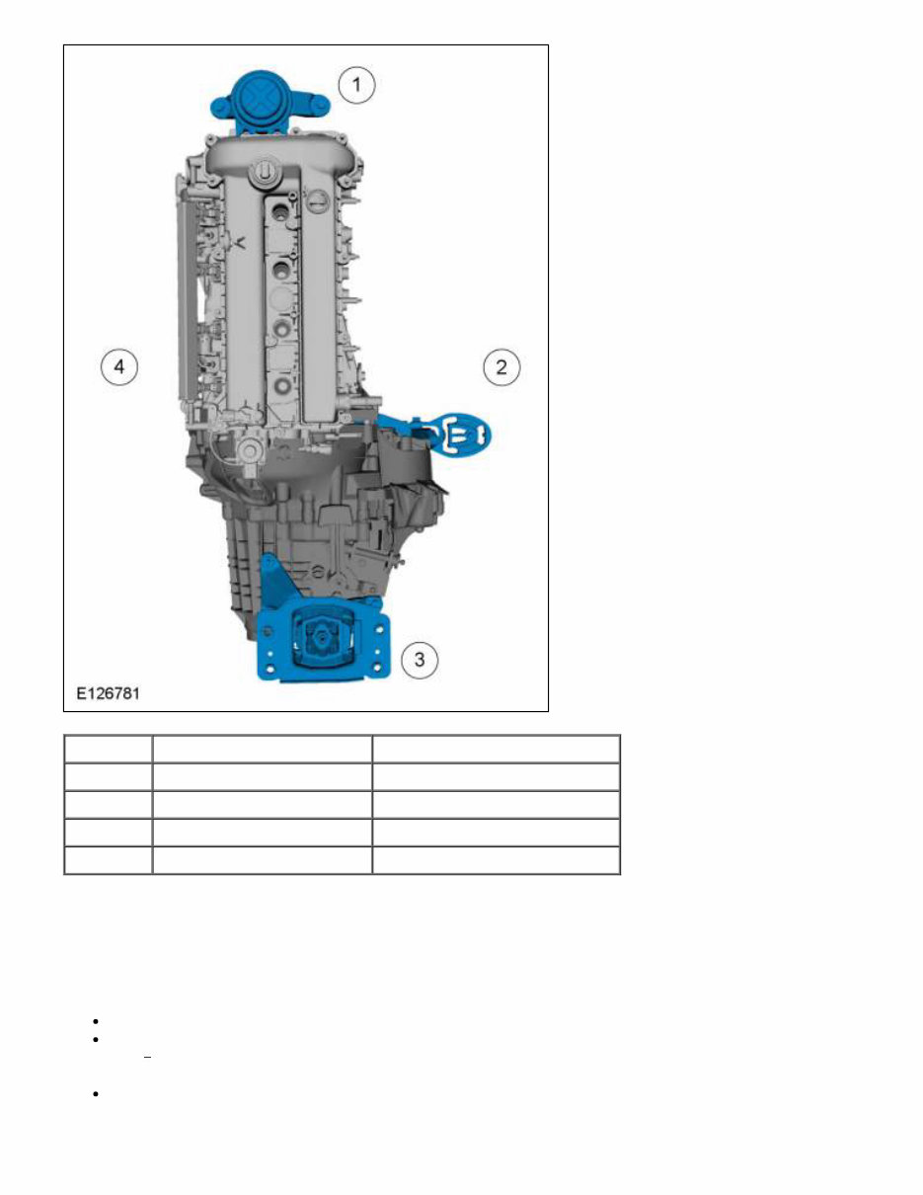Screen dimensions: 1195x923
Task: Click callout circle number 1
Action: pyautogui.click(x=356, y=85)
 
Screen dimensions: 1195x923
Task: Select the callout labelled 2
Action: pyautogui.click(x=501, y=367)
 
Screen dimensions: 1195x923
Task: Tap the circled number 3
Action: pyautogui.click(x=420, y=659)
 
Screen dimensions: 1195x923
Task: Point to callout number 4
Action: pyautogui.click(x=119, y=367)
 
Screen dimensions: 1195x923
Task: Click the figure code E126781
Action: pyautogui.click(x=109, y=694)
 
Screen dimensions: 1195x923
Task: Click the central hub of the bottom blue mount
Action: pyautogui.click(x=321, y=640)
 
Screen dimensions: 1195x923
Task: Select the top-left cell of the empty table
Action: pyautogui.click(x=109, y=749)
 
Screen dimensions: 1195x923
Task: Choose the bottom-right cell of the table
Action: pyautogui.click(x=496, y=860)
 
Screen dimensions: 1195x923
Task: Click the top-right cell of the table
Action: pyautogui.click(x=496, y=749)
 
